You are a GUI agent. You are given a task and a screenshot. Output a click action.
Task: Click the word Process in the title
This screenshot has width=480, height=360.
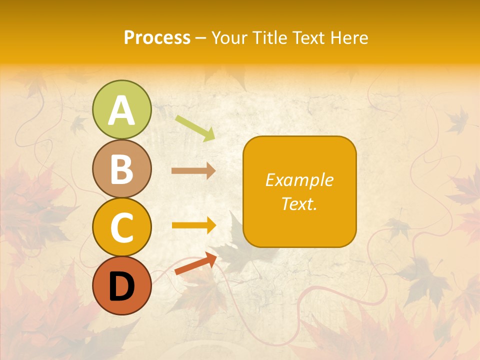click(x=157, y=38)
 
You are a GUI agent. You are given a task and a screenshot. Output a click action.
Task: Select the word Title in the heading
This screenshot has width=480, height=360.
click(x=270, y=38)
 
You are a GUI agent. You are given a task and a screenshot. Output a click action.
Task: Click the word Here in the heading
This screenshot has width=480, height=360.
click(x=350, y=38)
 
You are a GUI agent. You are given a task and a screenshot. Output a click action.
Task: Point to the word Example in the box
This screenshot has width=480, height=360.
click(x=299, y=180)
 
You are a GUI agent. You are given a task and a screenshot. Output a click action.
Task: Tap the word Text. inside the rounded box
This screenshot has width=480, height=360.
click(x=299, y=203)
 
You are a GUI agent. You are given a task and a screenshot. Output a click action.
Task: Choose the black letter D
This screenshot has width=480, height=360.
click(x=121, y=286)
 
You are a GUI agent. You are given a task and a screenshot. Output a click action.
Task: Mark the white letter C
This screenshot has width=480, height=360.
click(x=121, y=228)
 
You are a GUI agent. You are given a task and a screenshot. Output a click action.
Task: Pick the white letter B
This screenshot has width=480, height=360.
click(x=121, y=169)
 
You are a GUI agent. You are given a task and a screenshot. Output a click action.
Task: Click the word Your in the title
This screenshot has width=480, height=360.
click(x=229, y=38)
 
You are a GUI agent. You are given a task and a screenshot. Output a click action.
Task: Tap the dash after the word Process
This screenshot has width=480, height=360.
click(x=200, y=38)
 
